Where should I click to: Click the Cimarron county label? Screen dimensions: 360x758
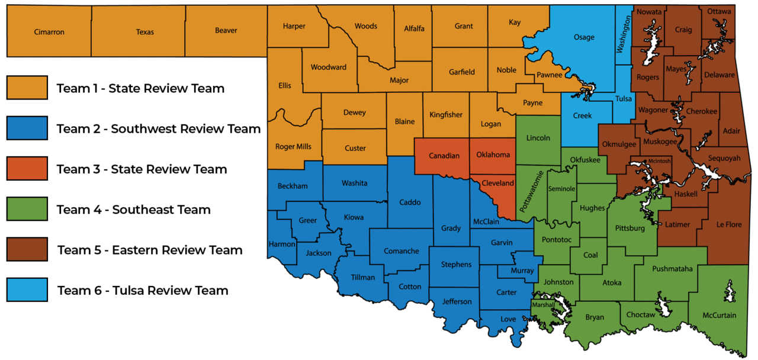pos(49,32)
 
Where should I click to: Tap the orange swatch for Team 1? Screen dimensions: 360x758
pos(27,88)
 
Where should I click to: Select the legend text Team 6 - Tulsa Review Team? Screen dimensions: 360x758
pos(143,291)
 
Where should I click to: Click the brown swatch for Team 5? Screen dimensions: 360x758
pos(27,249)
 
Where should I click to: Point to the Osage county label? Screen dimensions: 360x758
pos(584,37)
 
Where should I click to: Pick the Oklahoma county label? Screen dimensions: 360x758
pos(493,155)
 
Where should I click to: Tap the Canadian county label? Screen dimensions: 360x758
pos(444,156)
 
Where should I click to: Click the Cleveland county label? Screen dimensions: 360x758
pos(497,184)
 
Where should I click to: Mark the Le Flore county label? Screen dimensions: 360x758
pos(728,225)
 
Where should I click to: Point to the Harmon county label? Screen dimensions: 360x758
pos(282,244)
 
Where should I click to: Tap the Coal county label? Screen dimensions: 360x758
pos(590,255)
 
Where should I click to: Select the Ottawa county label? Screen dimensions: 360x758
pos(719,11)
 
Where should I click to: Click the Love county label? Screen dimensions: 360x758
pos(508,319)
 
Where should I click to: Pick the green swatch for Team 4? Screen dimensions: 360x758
pos(27,209)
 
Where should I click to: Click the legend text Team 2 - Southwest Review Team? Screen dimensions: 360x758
pos(159,128)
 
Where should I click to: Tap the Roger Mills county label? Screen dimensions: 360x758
pos(293,147)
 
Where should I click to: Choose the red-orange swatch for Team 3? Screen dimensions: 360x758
pos(27,169)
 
